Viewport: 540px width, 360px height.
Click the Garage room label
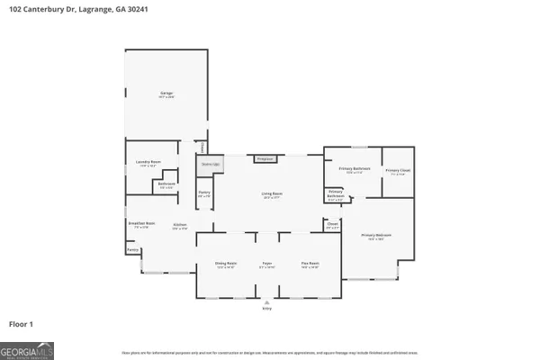point(166,93)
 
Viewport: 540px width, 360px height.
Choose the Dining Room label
point(225,263)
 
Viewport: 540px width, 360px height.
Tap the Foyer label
point(267,263)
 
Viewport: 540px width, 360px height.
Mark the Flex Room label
point(310,263)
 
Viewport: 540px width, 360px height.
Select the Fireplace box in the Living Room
point(265,158)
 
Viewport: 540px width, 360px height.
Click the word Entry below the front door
point(266,308)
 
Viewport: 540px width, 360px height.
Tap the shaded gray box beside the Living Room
point(211,165)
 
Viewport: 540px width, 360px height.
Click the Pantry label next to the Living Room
point(204,193)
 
